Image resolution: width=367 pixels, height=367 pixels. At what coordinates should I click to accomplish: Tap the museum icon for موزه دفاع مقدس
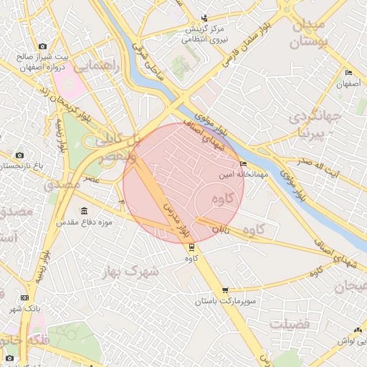pos(85,211)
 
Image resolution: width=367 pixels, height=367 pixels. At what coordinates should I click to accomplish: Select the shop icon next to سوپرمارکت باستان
pos(226,290)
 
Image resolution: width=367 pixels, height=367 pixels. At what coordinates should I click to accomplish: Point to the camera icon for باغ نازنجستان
pos(19,155)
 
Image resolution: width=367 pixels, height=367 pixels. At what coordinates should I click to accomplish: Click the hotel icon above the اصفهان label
pos(349,74)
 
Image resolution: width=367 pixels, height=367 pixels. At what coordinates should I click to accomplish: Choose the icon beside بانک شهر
pos(25,298)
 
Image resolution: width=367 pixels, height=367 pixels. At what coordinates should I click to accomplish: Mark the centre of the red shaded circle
pos(183,183)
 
